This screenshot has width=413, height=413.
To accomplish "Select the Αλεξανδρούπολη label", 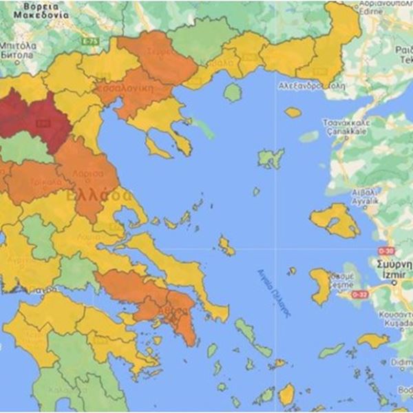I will (x=310, y=87).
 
